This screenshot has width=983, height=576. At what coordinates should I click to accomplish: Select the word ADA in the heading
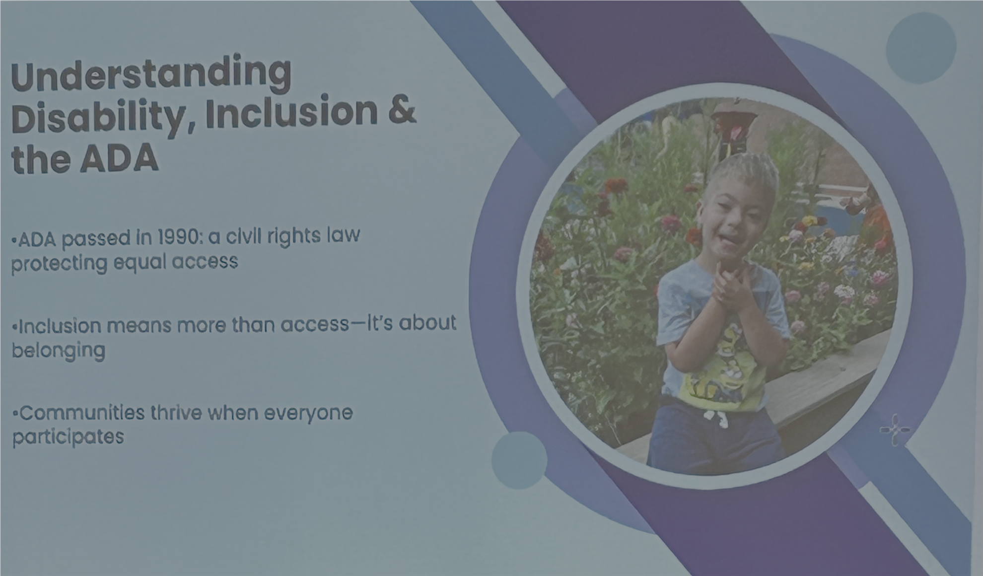coord(120,158)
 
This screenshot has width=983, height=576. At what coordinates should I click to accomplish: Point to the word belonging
coord(59,351)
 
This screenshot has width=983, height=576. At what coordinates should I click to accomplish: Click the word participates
coord(68,437)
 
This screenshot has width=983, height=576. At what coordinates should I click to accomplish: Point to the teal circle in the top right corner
coord(921,48)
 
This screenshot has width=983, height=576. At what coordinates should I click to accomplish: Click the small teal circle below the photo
coord(519,460)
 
